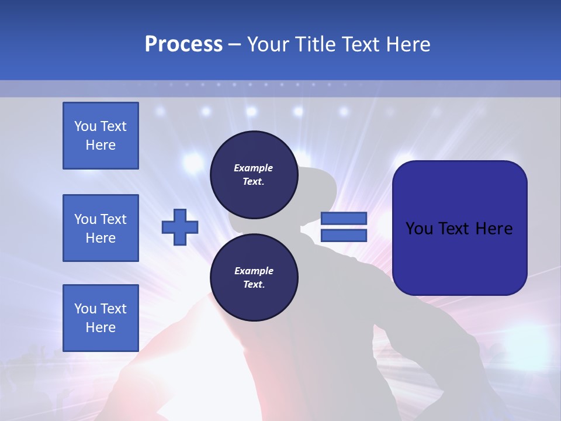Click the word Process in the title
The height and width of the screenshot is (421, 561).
[x=183, y=44]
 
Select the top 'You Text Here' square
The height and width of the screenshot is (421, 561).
[x=101, y=136]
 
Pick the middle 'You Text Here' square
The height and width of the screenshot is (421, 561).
[x=101, y=228]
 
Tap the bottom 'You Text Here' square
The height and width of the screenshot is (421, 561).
[x=101, y=318]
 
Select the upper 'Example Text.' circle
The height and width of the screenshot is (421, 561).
[x=254, y=175]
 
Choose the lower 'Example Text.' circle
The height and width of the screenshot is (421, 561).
[x=254, y=278]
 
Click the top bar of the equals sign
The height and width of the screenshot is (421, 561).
[x=344, y=219]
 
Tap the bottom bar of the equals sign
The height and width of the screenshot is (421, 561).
[x=344, y=235]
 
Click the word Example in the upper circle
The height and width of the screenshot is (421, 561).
[x=254, y=168]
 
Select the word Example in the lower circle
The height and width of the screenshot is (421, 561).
[x=254, y=271]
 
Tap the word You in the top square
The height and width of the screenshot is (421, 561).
[x=85, y=126]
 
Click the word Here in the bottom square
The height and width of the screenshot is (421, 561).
[x=101, y=327]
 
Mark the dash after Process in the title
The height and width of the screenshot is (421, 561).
[x=234, y=44]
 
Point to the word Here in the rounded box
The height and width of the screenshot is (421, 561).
[x=494, y=229]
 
